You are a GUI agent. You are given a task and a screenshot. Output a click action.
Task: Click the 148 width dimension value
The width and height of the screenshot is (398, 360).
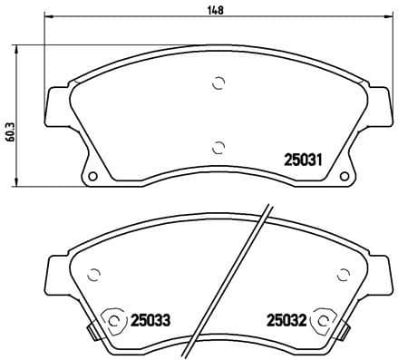point(214,10)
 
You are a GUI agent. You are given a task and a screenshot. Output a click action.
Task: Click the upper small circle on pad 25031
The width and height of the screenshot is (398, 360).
point(217,84)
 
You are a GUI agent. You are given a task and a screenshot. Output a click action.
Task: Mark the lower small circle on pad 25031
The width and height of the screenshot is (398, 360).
point(217,146)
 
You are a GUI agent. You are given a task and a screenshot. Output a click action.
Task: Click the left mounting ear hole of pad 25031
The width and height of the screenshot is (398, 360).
point(92,174)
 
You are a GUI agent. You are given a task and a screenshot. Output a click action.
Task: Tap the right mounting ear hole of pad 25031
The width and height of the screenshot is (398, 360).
point(342,174)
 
